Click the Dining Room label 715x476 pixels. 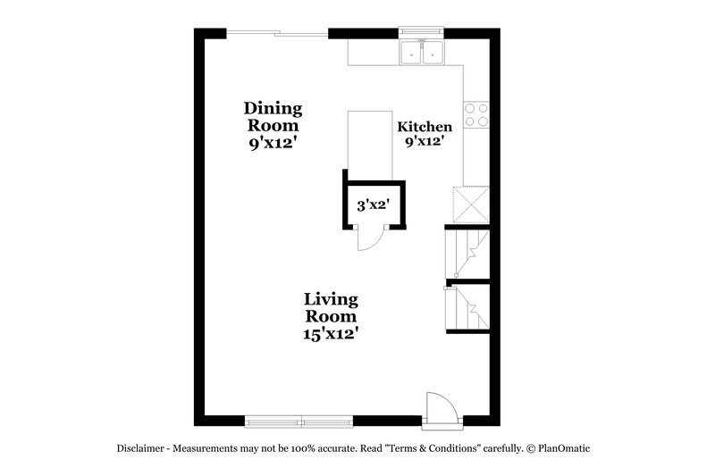[x=273, y=117]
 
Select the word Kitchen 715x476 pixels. [x=425, y=127]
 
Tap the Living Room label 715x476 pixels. [x=331, y=307]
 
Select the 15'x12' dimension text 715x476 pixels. [x=331, y=333]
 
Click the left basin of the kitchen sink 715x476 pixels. [x=413, y=53]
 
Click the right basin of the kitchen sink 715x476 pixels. [x=433, y=53]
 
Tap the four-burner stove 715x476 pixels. [x=475, y=113]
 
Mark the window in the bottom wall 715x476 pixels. [x=300, y=420]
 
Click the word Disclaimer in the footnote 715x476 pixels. [x=141, y=448]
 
